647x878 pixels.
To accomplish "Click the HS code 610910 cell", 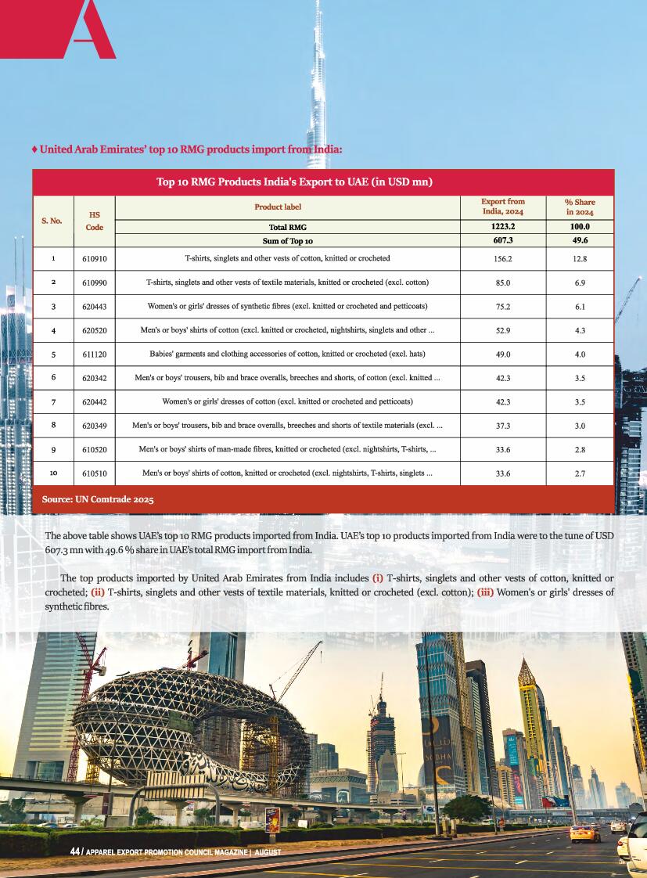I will point(94,258).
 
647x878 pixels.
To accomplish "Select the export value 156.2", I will point(503,258).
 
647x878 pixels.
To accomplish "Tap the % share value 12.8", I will point(580,258).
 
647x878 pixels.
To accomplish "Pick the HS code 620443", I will point(94,307).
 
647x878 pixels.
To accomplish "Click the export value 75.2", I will point(503,307).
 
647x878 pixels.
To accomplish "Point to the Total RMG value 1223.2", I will point(503,226).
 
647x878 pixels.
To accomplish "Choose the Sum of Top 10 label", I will point(287,241).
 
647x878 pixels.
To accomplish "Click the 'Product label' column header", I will point(277,207).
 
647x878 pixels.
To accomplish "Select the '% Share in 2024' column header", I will point(580,207).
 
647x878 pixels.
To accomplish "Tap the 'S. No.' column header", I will point(52,221).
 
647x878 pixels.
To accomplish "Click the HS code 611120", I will point(94,354).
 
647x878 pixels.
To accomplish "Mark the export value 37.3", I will point(503,426).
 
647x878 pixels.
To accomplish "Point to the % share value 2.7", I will point(580,473).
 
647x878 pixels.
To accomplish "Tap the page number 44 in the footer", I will point(74,851).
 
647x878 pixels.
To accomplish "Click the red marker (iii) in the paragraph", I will point(485,592).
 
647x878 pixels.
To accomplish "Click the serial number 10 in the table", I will point(53,473).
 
